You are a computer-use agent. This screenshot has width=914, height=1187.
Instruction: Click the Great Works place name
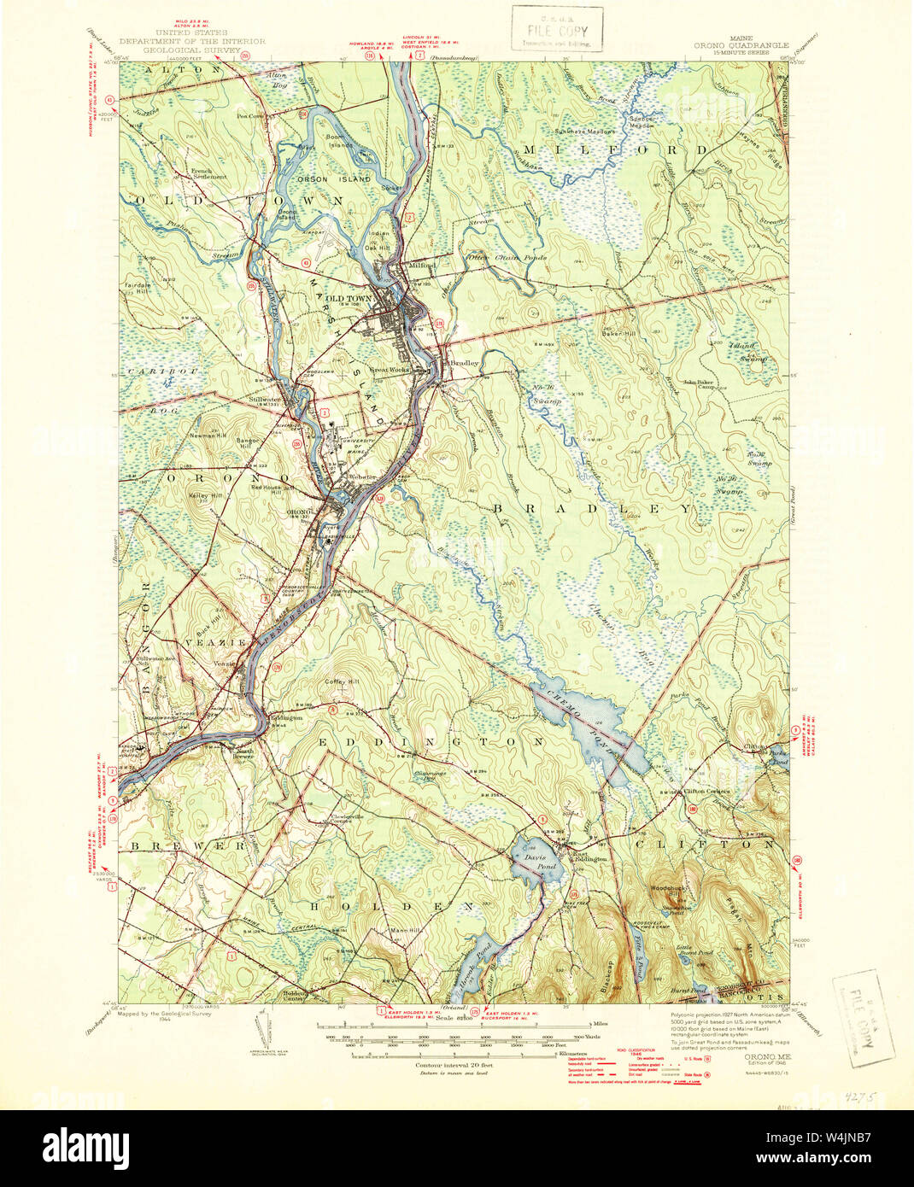pyautogui.click(x=389, y=370)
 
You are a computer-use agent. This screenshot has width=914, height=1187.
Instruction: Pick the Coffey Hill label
pyautogui.click(x=340, y=681)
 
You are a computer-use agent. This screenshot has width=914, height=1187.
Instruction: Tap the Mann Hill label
pyautogui.click(x=406, y=930)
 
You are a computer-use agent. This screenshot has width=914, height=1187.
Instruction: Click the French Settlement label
pyautogui.click(x=209, y=173)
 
